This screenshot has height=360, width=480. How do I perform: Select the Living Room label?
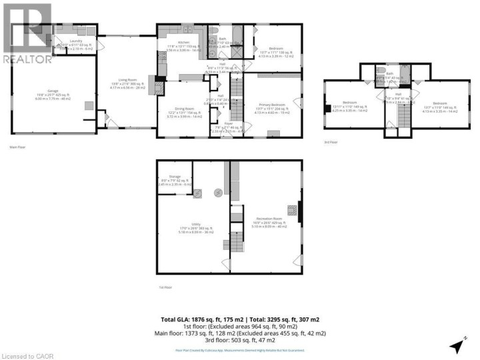click(127, 81)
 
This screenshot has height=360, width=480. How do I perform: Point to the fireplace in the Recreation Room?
click(299, 212)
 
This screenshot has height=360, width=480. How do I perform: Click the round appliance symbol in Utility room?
click(217, 193)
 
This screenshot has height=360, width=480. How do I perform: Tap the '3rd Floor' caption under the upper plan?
click(331, 142)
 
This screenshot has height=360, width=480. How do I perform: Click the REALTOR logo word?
click(27, 59)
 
